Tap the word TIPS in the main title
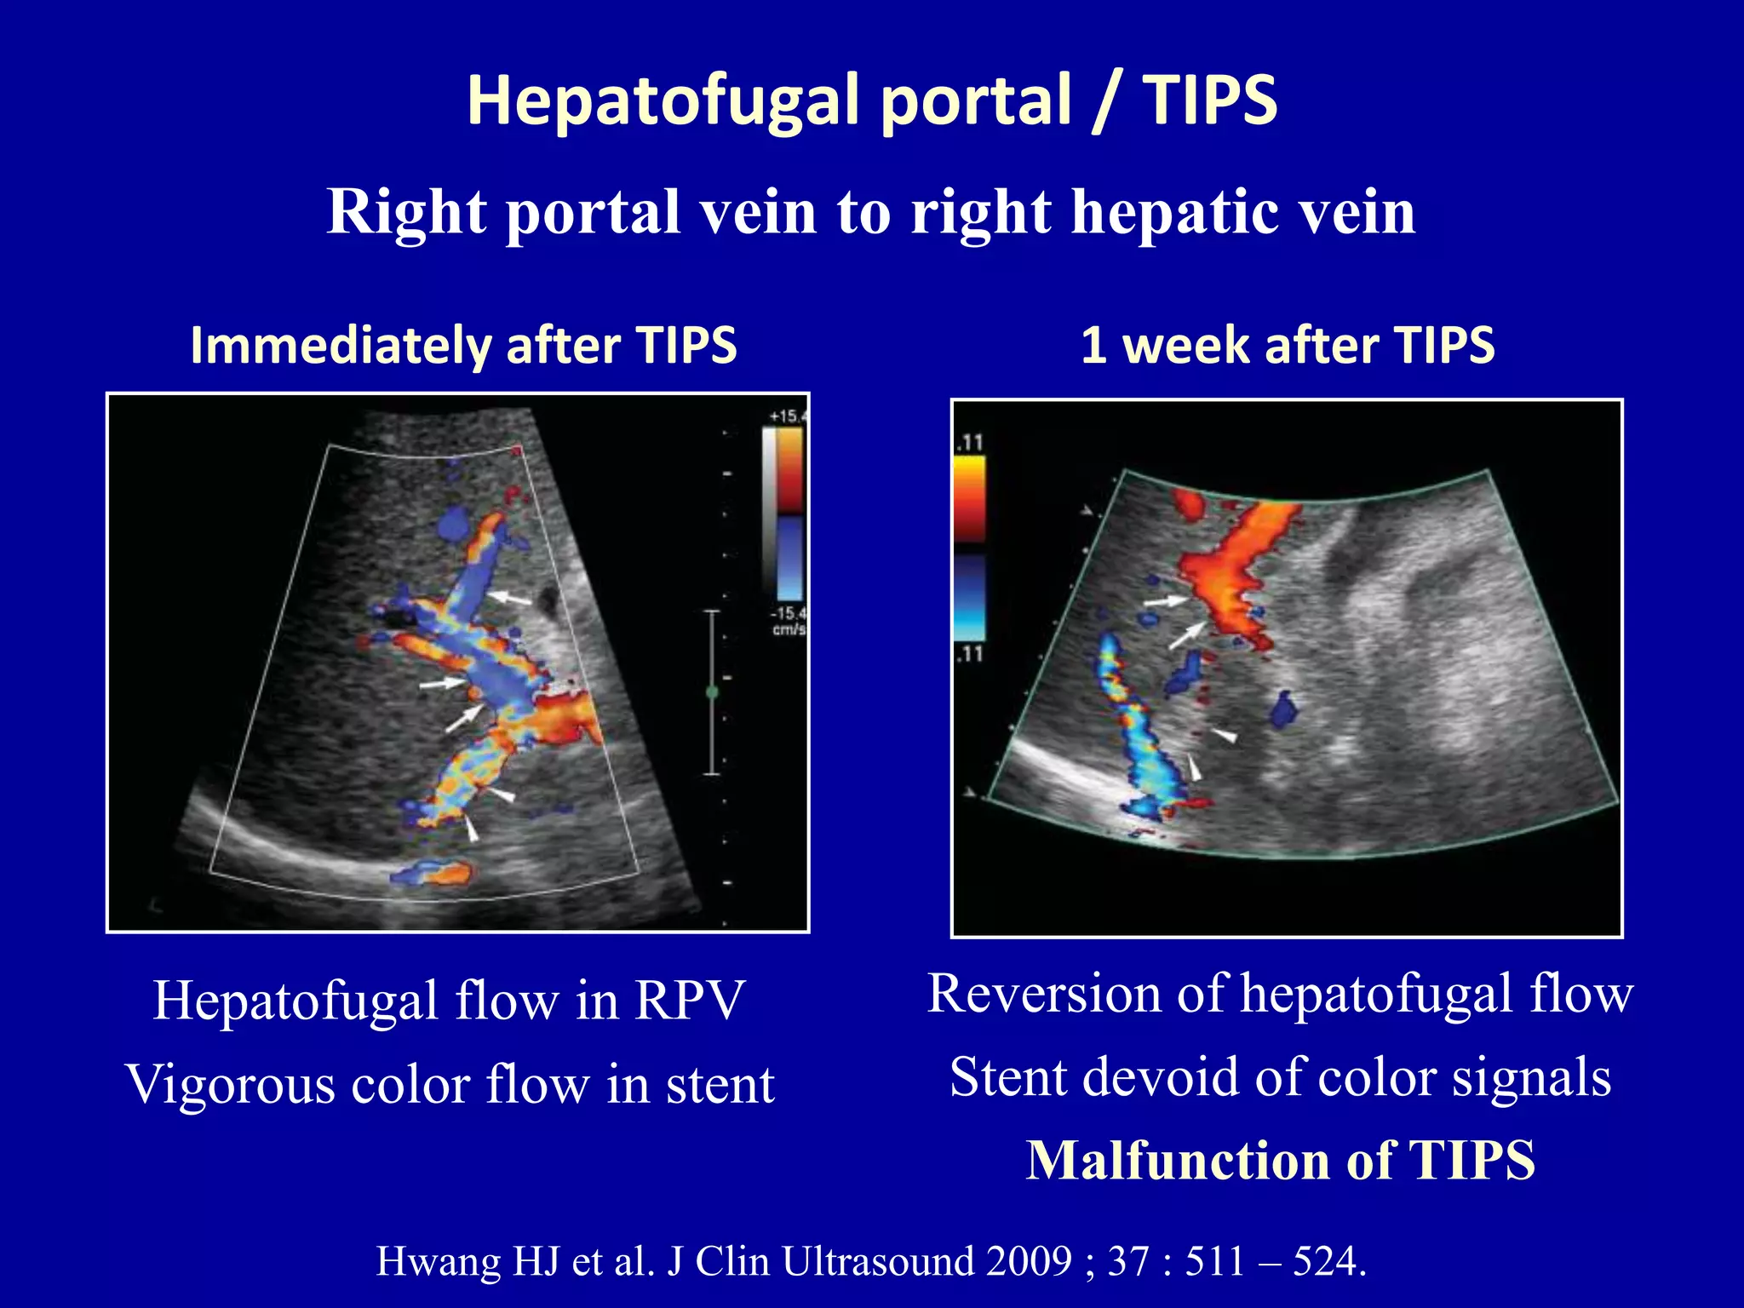(x=1210, y=100)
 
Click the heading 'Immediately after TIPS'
(x=463, y=345)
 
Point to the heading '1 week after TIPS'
(x=1288, y=345)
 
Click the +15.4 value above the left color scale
(x=787, y=416)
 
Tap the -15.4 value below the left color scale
(x=787, y=613)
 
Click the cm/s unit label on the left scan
(x=789, y=629)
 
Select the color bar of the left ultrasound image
(x=789, y=514)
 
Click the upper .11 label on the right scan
(x=970, y=443)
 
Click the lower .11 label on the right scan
(x=970, y=654)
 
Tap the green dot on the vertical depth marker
(x=713, y=692)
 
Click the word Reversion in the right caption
(x=1044, y=994)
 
